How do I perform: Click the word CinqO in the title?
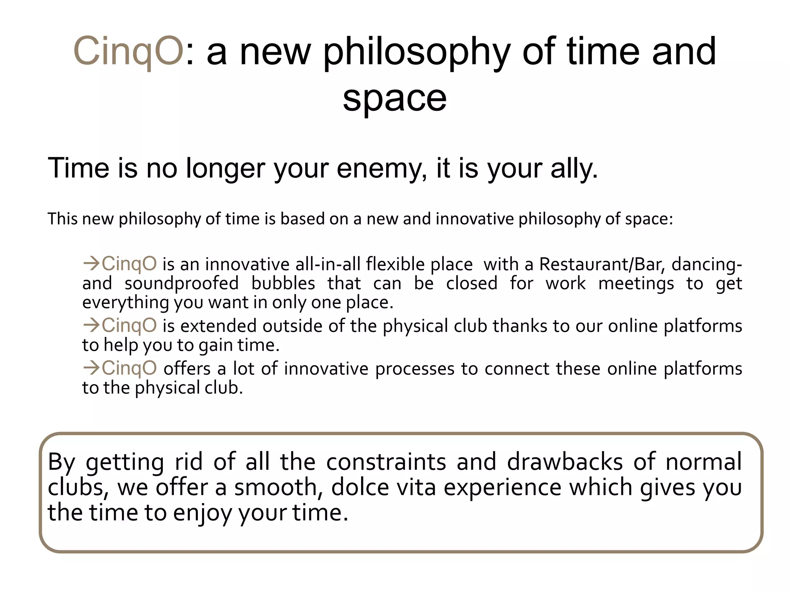pos(128,51)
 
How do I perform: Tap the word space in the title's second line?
pos(395,98)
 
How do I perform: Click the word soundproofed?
pos(182,284)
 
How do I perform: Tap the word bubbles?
pos(284,284)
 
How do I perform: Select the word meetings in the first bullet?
pos(636,284)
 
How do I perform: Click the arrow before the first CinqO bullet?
pos(91,264)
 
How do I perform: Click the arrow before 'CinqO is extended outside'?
pos(91,325)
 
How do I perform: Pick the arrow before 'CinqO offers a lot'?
pos(91,368)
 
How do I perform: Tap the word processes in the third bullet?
pos(415,369)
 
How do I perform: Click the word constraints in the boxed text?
pos(386,462)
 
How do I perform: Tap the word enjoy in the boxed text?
pos(202,513)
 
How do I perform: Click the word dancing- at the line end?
pos(706,264)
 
